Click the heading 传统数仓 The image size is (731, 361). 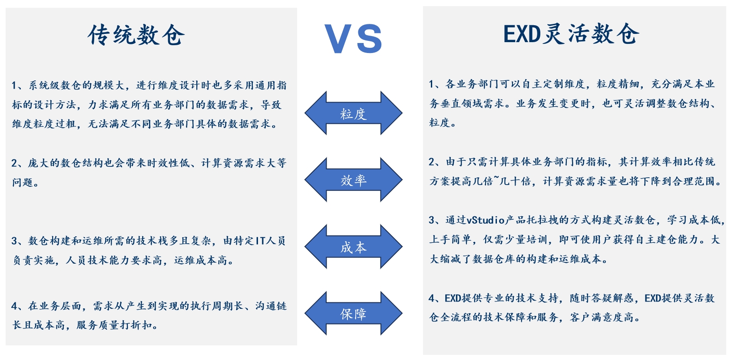click(x=136, y=35)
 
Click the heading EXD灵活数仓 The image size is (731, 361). click(x=571, y=34)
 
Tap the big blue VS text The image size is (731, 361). click(x=353, y=39)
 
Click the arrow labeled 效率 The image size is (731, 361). click(x=353, y=180)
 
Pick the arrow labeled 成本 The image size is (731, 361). click(x=353, y=247)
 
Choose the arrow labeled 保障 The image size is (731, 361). click(x=353, y=314)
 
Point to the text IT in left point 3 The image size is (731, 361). click(x=260, y=241)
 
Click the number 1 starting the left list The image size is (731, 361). click(x=14, y=86)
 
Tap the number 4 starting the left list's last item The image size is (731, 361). click(x=14, y=306)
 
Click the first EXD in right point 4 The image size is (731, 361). click(x=453, y=298)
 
